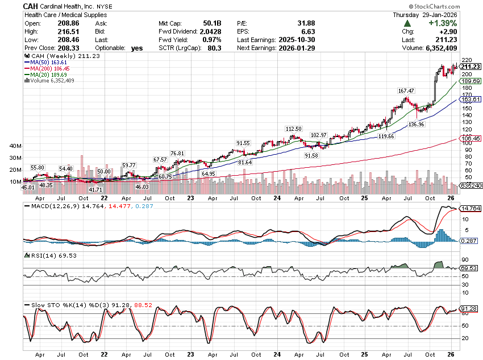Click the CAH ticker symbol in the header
click(x=31, y=6)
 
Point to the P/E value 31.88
click(x=306, y=23)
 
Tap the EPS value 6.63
click(x=308, y=32)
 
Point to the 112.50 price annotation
click(x=293, y=129)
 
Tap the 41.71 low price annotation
click(x=97, y=189)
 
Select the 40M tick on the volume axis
click(x=15, y=146)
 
